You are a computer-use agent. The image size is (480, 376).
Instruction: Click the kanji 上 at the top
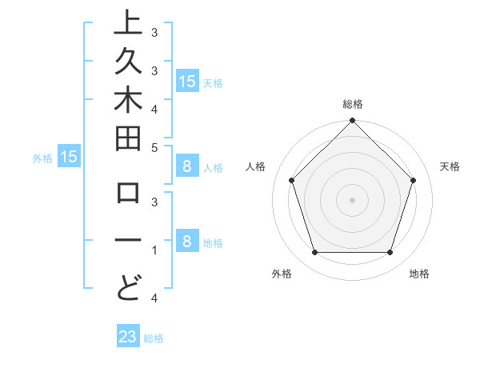pos(128,24)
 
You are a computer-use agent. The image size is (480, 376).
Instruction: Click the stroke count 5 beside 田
pos(154,147)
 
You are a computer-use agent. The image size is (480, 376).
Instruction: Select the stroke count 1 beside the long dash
pos(154,251)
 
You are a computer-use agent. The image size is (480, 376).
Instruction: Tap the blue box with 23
pos(128,337)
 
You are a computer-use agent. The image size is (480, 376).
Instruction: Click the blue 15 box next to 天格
pos(186,81)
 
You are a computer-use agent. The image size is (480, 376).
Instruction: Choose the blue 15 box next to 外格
pos(69,157)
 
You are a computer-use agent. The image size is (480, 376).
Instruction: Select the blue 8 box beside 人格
pos(186,167)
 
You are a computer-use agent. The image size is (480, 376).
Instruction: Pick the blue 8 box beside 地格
pos(186,242)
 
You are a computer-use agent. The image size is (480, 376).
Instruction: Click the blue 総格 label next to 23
pos(154,338)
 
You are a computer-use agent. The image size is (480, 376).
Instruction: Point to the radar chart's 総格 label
pos(353,104)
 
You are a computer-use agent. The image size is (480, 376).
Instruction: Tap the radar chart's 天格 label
pos(450,166)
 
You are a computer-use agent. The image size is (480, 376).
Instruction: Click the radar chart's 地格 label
pos(419,274)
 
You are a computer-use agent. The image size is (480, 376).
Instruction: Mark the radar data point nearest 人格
pos(292,180)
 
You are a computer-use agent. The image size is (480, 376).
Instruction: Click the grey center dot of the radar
pos(353,199)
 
